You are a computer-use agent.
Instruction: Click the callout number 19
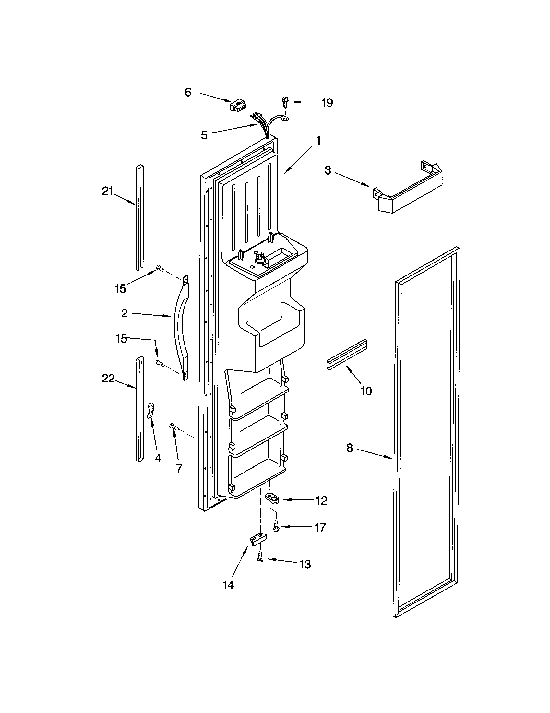pyautogui.click(x=327, y=103)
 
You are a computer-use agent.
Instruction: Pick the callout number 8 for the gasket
pyautogui.click(x=350, y=448)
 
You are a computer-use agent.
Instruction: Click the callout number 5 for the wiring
pyautogui.click(x=204, y=135)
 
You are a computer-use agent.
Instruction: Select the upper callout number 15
pyautogui.click(x=120, y=288)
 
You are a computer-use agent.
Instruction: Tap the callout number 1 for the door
pyautogui.click(x=318, y=141)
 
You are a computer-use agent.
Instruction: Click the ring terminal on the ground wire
pyautogui.click(x=286, y=121)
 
